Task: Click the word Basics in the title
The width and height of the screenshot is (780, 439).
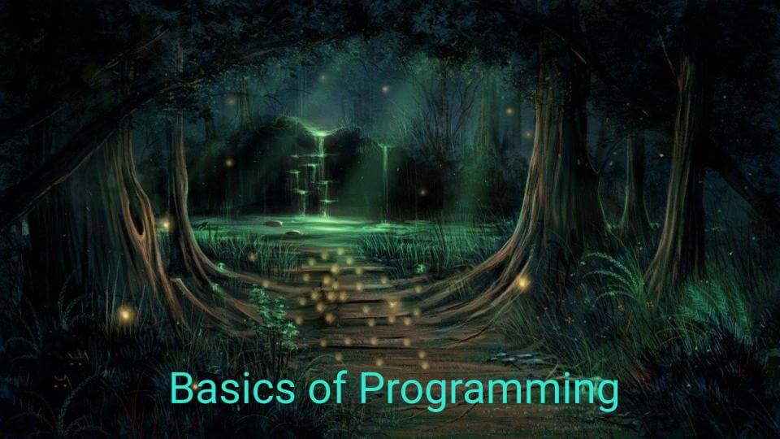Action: [x=232, y=388]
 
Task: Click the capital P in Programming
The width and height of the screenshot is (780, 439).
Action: [x=371, y=388]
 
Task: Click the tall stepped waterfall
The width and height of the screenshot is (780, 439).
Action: [x=318, y=174]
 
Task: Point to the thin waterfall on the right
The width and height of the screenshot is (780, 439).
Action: [x=385, y=179]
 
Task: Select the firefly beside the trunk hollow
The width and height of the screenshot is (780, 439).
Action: [x=166, y=224]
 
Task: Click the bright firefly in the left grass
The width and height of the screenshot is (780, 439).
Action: [x=125, y=314]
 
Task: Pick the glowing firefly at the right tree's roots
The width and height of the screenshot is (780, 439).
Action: [x=522, y=283]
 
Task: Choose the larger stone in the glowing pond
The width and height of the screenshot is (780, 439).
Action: [x=273, y=223]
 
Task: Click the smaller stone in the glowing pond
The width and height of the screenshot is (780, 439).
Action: [x=293, y=233]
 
